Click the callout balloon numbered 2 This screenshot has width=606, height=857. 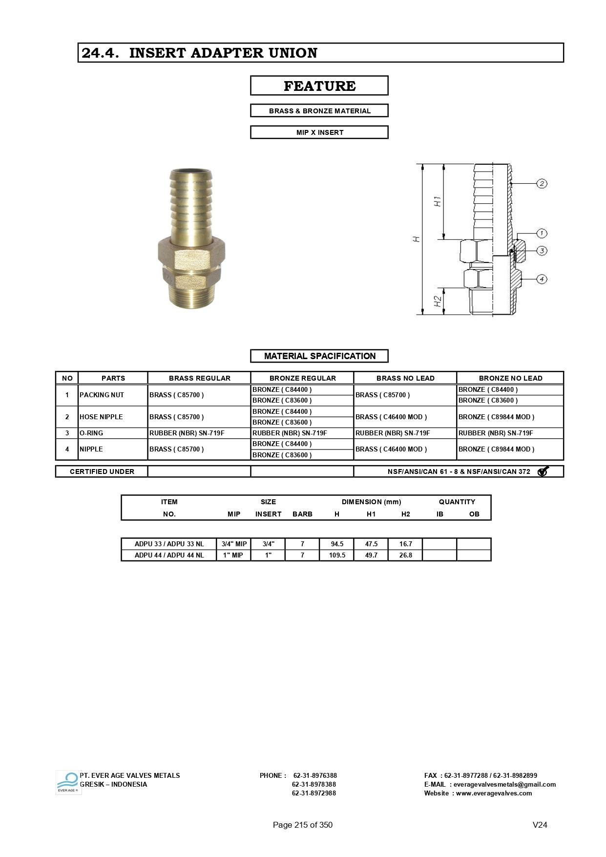tap(542, 184)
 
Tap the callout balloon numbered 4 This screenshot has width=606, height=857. tap(542, 279)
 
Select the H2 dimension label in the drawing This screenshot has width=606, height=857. tap(438, 301)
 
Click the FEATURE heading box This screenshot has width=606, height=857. tap(319, 86)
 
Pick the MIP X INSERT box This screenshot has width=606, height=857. tap(319, 132)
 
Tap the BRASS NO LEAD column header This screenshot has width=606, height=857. tap(405, 378)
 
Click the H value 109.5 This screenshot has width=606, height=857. tap(337, 555)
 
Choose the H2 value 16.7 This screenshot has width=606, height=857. tap(405, 544)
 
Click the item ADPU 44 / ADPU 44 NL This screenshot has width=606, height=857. tap(169, 555)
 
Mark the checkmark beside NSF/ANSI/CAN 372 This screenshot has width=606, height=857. tap(543, 471)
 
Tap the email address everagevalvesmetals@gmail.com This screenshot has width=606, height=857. tap(504, 784)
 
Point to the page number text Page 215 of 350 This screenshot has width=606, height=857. tap(302, 825)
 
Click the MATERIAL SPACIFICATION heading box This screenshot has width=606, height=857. tap(319, 356)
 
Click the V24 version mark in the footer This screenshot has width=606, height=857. tap(540, 825)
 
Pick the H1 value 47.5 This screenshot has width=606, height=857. tap(371, 544)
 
